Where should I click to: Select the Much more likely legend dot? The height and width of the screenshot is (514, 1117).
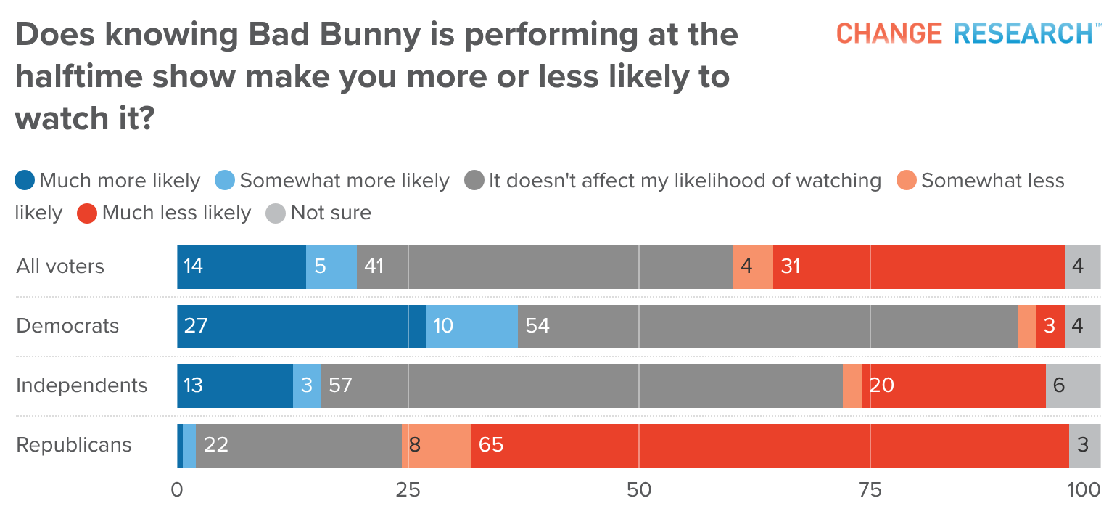[x=25, y=181]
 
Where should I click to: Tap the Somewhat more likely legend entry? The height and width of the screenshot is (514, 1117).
[x=334, y=181]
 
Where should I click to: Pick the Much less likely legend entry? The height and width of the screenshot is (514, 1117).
[x=166, y=213]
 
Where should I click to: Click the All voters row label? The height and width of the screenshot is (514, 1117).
[x=60, y=266]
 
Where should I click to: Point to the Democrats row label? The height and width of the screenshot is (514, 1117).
[x=67, y=325]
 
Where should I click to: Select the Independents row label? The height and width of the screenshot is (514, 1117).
[x=82, y=385]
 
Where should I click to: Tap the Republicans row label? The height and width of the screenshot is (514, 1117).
[x=74, y=444]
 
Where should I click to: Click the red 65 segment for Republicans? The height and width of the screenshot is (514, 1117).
[x=770, y=444]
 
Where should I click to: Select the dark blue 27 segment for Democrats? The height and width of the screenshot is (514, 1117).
[x=301, y=325]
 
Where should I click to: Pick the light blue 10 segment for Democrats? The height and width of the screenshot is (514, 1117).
[x=471, y=325]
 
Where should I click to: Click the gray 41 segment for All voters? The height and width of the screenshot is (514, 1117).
[x=544, y=266]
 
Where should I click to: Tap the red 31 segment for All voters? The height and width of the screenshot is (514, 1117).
[x=918, y=266]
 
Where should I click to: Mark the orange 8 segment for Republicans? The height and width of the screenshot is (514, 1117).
[x=436, y=444]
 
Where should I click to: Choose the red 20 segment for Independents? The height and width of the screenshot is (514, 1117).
[x=953, y=385]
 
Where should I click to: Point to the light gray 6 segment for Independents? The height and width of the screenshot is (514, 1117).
[x=1073, y=385]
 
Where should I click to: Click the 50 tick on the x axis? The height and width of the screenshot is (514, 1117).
[x=639, y=490]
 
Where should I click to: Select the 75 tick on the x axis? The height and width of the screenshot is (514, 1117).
[x=870, y=490]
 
